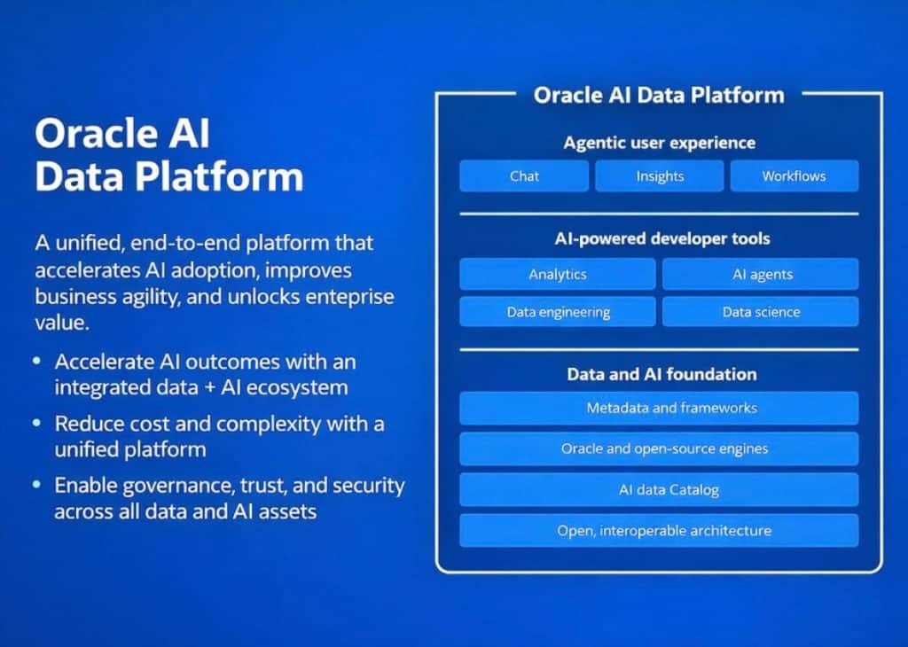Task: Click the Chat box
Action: pos(524,175)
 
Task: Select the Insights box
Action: pos(660,175)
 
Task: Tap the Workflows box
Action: pos(794,175)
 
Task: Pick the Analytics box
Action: pos(558,274)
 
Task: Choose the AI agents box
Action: pos(761,274)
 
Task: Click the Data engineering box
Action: pos(558,312)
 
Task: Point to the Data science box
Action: pos(761,312)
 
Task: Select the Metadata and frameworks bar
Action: pos(659,408)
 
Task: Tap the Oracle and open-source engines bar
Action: pos(659,448)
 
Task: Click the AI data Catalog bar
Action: pos(659,489)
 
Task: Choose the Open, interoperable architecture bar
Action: pos(659,531)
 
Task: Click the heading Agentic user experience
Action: pos(660,143)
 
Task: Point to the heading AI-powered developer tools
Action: pos(662,238)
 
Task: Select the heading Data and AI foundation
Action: pos(661,374)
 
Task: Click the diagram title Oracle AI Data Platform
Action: pos(659,96)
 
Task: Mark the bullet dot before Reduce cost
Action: pos(37,423)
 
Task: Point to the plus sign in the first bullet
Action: pos(210,387)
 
